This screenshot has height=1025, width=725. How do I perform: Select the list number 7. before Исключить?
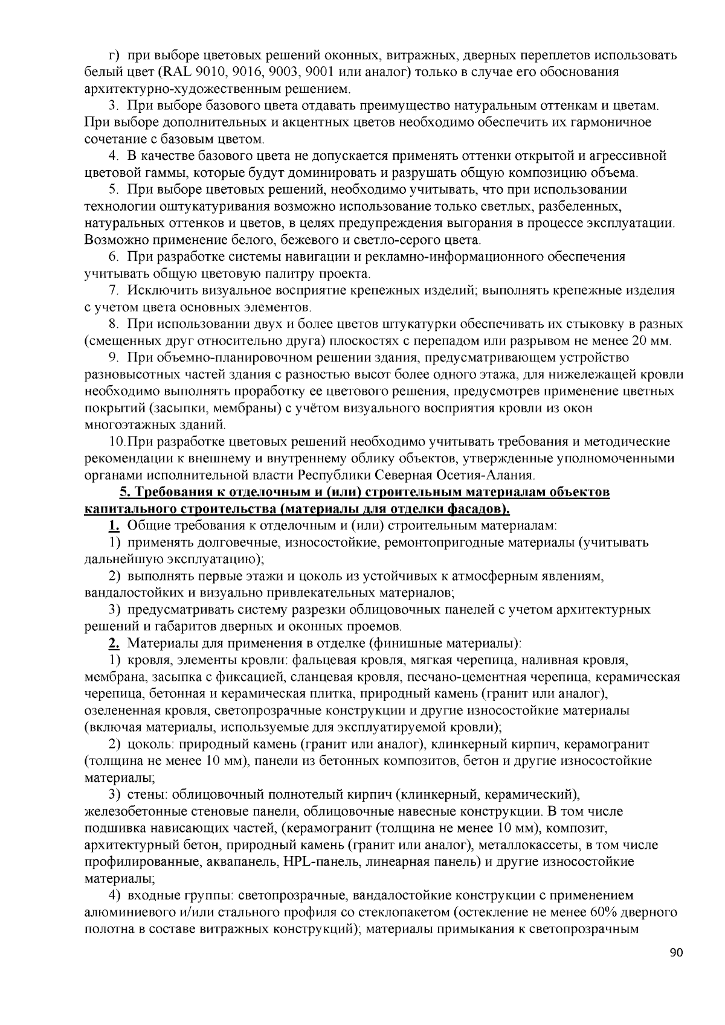tap(113, 290)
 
